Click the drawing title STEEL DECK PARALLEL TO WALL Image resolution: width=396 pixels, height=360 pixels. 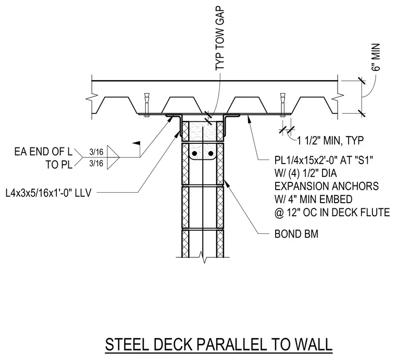219,344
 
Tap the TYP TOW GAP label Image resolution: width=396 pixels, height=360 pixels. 220,39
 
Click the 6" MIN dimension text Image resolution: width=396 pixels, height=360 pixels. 376,57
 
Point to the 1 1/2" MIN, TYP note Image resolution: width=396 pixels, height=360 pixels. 330,140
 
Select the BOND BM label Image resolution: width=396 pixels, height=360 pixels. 296,234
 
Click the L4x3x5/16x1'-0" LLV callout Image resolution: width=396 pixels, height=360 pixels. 48,193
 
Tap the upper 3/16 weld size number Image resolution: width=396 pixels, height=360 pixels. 96,152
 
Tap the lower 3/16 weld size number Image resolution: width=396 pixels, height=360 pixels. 96,164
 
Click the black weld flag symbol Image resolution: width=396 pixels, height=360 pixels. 137,143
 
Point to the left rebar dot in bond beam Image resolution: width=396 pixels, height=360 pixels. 194,154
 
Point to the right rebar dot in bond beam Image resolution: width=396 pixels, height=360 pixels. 211,154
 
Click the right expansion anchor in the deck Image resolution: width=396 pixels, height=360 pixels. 282,105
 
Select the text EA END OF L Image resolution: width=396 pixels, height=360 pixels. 43,152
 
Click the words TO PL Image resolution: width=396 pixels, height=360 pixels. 59,165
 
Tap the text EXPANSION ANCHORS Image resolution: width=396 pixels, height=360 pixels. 327,187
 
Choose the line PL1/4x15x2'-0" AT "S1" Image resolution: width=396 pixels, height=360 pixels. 324,160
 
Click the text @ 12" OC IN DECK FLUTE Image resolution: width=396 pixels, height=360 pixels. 332,213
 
